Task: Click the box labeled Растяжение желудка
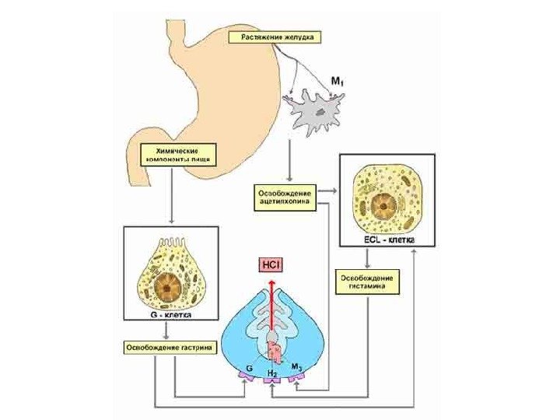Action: coord(274,37)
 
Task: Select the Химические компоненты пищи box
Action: coord(175,153)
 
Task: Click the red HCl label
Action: coord(272,266)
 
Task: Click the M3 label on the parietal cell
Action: coord(296,366)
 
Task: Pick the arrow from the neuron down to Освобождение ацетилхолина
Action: coord(289,159)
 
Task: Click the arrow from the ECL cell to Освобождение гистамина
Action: coord(366,257)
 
